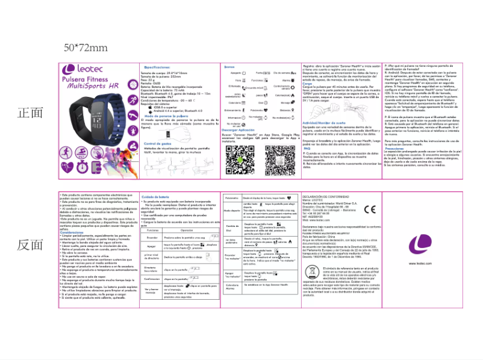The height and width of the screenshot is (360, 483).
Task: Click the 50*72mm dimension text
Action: click(x=86, y=48)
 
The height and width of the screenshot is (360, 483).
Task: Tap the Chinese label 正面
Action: click(x=31, y=113)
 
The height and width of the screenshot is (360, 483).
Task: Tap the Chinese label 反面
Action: click(x=31, y=245)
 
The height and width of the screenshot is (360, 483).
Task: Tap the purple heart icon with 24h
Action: click(x=68, y=164)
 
